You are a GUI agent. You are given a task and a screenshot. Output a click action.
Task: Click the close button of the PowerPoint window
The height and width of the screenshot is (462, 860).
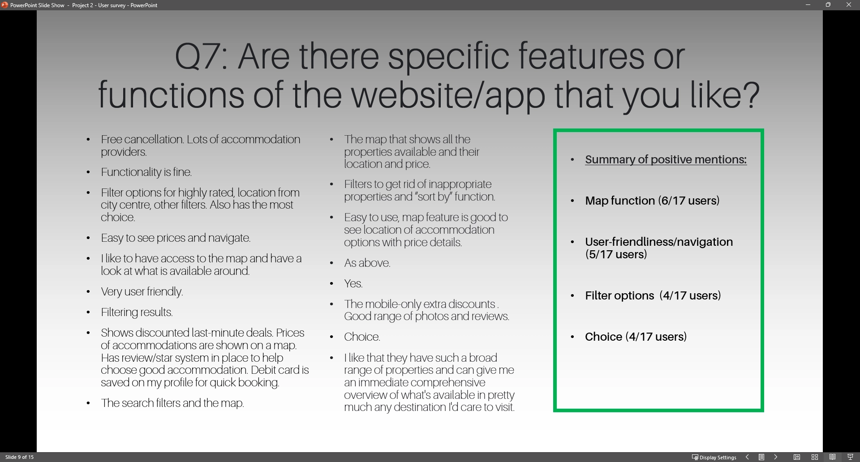(x=848, y=5)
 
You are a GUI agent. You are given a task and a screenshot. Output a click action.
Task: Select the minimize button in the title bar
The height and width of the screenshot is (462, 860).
(x=808, y=5)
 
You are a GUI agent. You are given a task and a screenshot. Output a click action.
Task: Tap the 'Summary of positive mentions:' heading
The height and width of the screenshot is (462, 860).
(x=666, y=160)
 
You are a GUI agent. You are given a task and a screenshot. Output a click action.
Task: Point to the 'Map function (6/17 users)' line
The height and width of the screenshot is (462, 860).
(x=652, y=201)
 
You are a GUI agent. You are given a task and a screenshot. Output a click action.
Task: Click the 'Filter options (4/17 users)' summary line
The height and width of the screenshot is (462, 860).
(x=653, y=295)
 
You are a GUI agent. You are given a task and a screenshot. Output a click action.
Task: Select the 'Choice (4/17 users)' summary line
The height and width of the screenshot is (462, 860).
(x=636, y=337)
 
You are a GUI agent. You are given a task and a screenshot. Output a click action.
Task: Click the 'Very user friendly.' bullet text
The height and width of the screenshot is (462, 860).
(x=142, y=292)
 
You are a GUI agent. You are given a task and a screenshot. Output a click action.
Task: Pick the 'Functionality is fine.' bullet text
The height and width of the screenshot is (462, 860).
(x=146, y=172)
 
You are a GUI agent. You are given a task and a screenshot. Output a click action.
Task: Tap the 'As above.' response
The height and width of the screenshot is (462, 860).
(x=367, y=263)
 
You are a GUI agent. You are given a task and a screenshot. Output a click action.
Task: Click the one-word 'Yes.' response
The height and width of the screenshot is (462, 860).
(x=353, y=284)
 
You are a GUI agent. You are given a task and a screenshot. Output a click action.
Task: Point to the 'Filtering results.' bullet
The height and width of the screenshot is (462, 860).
(x=137, y=312)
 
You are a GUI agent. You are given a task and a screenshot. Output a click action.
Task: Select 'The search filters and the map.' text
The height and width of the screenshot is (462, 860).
(x=172, y=403)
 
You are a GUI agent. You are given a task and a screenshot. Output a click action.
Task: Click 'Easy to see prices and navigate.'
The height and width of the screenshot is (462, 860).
(x=176, y=238)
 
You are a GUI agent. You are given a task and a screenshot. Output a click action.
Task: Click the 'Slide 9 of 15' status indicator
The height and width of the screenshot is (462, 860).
(x=19, y=457)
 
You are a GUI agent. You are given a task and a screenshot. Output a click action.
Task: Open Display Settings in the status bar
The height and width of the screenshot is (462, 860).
(x=714, y=457)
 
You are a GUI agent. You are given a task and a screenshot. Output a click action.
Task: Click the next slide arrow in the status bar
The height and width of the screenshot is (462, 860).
(x=776, y=457)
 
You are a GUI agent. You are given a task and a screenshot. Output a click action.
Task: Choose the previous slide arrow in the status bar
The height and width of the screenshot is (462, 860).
(x=747, y=457)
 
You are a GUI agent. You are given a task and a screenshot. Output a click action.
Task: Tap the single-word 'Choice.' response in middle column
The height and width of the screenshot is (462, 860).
(x=362, y=337)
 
